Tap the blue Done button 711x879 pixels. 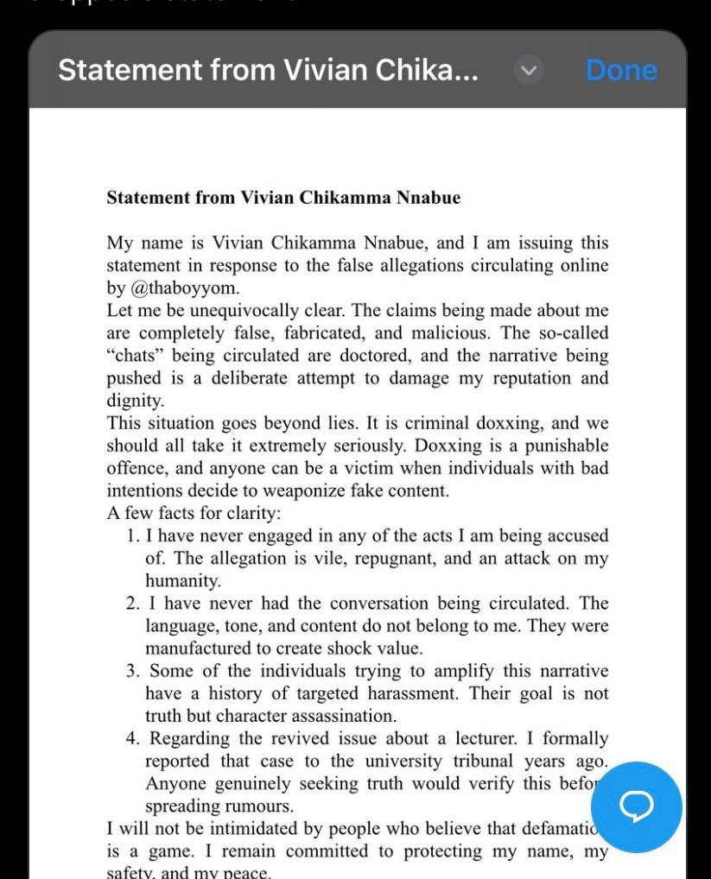(x=621, y=70)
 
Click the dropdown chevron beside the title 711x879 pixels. (x=529, y=70)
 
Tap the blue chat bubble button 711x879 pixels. (x=637, y=806)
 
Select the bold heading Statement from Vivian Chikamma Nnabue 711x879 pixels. (x=283, y=198)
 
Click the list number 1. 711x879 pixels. (x=133, y=536)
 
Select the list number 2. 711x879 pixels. (x=133, y=604)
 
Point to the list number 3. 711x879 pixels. (x=133, y=671)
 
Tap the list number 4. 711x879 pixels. (x=133, y=738)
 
